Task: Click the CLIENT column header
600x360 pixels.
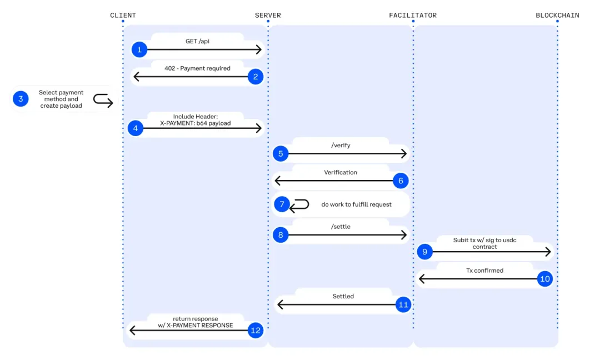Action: (x=123, y=15)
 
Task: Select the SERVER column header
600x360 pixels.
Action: (x=268, y=15)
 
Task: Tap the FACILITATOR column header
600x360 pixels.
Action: (x=413, y=15)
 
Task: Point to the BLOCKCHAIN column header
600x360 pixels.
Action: (x=557, y=15)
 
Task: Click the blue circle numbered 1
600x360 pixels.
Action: (x=139, y=50)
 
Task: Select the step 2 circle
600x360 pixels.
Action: (x=256, y=77)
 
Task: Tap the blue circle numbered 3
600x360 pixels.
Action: (x=21, y=99)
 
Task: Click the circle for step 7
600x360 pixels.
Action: (x=282, y=204)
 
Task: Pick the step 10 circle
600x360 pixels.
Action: (x=545, y=279)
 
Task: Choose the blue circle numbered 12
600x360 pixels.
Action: (x=256, y=331)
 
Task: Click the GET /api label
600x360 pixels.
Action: (x=197, y=41)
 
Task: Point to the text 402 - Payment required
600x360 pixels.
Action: (x=197, y=68)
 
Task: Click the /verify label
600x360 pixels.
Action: (x=341, y=145)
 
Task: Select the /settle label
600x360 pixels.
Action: (x=341, y=227)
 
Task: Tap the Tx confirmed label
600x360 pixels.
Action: (x=484, y=271)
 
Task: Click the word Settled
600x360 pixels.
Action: (x=343, y=296)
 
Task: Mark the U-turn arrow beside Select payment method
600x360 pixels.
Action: (x=103, y=100)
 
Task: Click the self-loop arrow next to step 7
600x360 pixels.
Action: (x=300, y=204)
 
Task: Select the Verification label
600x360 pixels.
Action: (x=341, y=172)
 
